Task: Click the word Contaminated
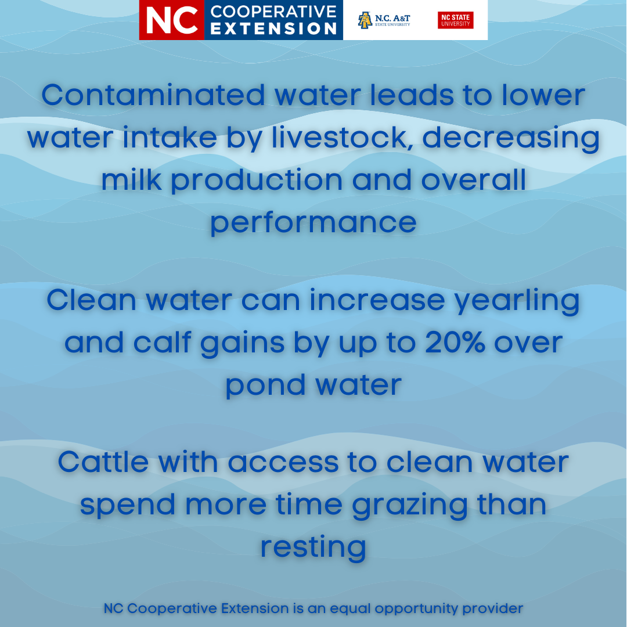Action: [153, 95]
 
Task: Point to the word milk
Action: [132, 179]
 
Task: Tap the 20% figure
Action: [455, 343]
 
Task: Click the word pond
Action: [265, 387]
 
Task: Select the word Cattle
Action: [103, 462]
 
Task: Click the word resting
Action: [313, 548]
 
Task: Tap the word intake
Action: [170, 137]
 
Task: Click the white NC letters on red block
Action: [172, 20]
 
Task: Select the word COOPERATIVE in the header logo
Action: [273, 12]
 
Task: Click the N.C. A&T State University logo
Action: [384, 20]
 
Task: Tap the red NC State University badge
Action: [456, 20]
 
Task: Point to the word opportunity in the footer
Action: [416, 609]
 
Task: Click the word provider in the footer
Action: [492, 608]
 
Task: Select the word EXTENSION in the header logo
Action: [273, 28]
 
